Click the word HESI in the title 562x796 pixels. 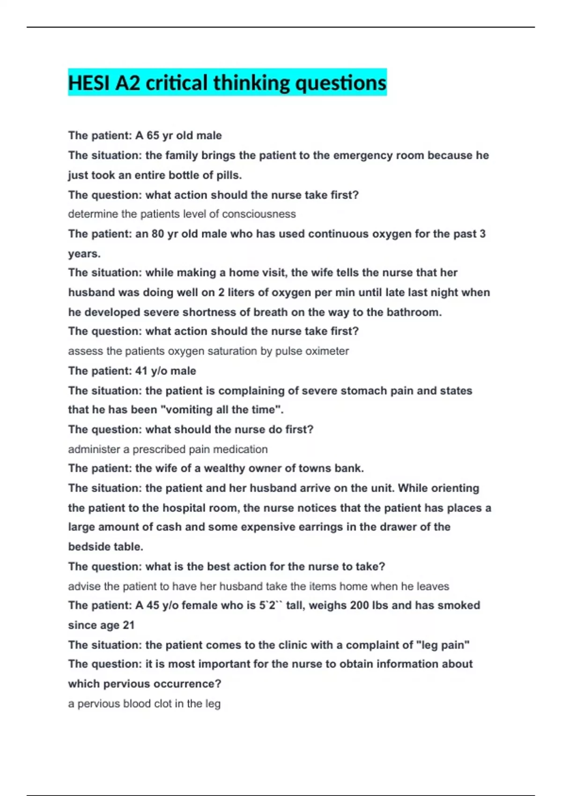(x=89, y=83)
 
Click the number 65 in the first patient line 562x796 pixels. (x=153, y=136)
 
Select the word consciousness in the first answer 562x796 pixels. (x=259, y=214)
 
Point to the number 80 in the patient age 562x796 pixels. (x=158, y=234)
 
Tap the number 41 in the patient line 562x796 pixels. (x=141, y=371)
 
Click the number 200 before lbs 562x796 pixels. (x=359, y=605)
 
